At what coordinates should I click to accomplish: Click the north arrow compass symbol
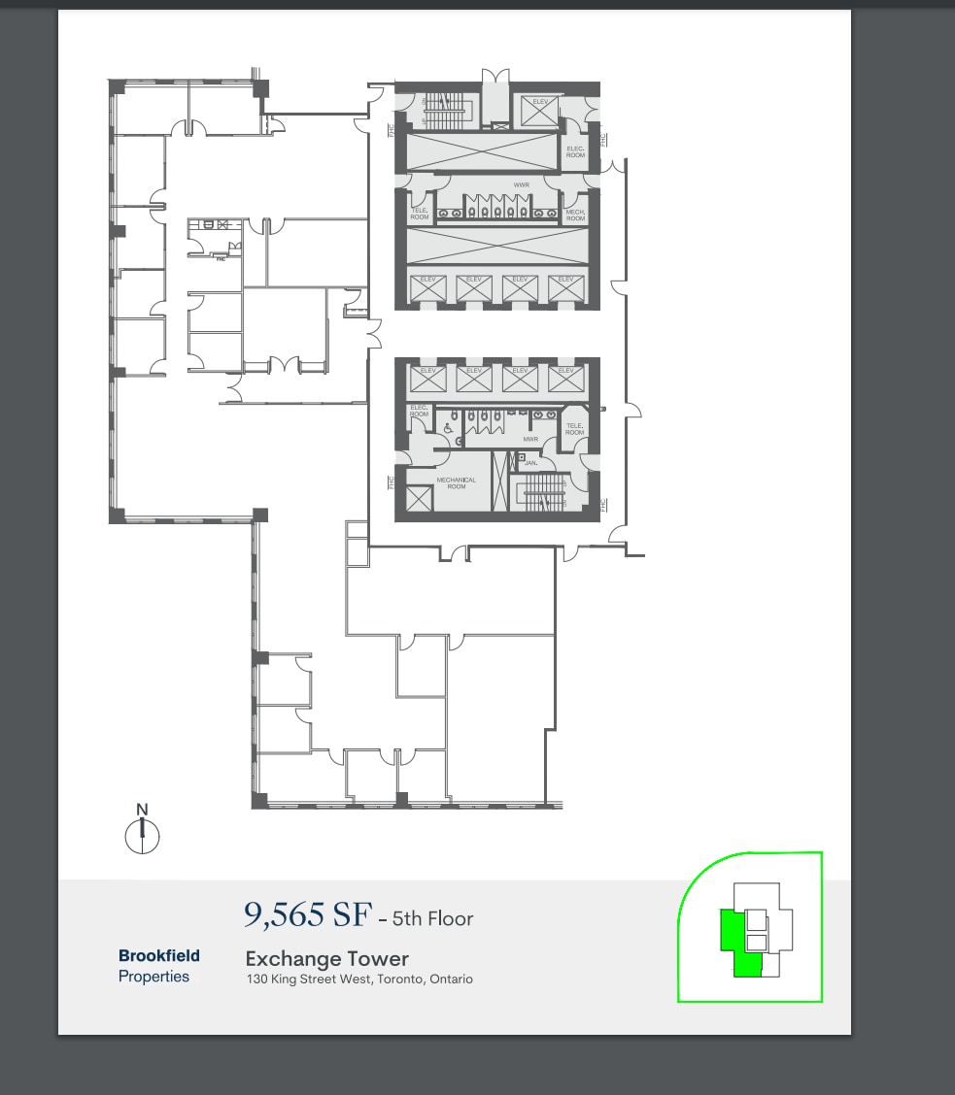[142, 835]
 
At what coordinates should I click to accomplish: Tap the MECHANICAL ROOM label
[456, 482]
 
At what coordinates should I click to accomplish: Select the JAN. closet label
[530, 463]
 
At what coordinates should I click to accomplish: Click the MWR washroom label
[530, 439]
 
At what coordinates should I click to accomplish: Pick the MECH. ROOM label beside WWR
[575, 215]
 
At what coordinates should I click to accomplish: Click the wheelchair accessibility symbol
[448, 427]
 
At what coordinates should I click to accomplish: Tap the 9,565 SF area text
[306, 914]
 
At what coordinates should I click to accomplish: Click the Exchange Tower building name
[326, 959]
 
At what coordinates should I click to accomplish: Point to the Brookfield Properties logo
[158, 966]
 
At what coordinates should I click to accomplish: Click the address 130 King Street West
[358, 979]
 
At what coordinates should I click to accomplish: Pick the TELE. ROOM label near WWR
[420, 215]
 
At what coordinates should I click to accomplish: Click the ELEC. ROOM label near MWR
[419, 411]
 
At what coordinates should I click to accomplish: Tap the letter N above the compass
[142, 809]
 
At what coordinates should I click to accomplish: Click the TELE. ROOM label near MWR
[574, 428]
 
